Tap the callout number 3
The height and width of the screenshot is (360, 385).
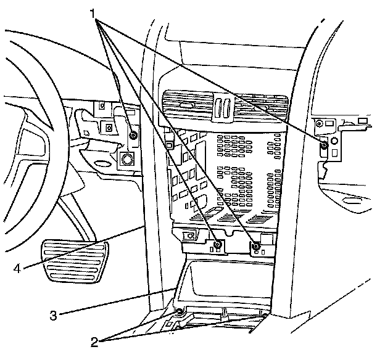pyautogui.click(x=54, y=315)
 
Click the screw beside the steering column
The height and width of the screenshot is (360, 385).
pyautogui.click(x=133, y=135)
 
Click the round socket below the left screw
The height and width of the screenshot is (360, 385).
pyautogui.click(x=127, y=159)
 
